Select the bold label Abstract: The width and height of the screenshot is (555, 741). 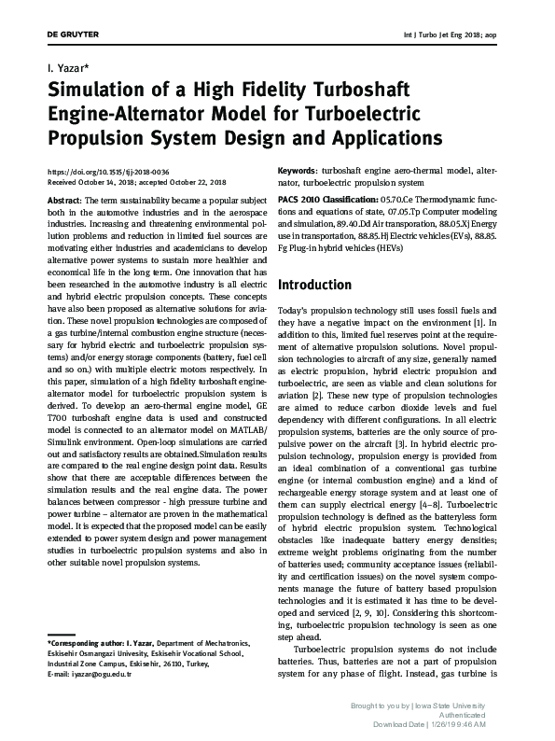(63, 200)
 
